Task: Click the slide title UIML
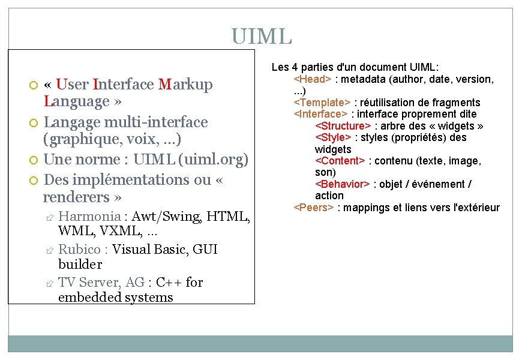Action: pyautogui.click(x=261, y=36)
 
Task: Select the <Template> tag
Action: pyautogui.click(x=322, y=103)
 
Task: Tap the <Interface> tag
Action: pyautogui.click(x=320, y=114)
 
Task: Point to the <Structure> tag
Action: pyautogui.click(x=343, y=126)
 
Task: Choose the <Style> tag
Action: pyautogui.click(x=334, y=137)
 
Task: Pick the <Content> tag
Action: pyautogui.click(x=340, y=161)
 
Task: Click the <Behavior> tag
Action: pyautogui.click(x=341, y=184)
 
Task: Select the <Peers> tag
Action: pyautogui.click(x=314, y=208)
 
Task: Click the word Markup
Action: pyautogui.click(x=186, y=85)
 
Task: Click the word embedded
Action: pyautogui.click(x=85, y=297)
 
